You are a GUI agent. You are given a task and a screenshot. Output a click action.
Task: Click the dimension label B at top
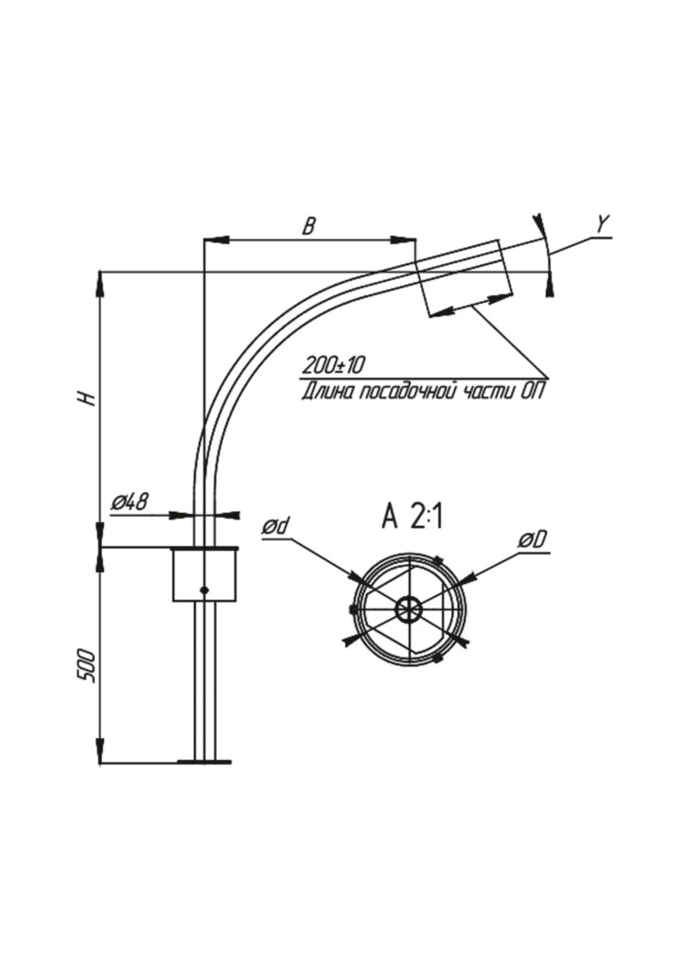pyautogui.click(x=308, y=226)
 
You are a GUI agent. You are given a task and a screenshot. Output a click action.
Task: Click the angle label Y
pyautogui.click(x=602, y=224)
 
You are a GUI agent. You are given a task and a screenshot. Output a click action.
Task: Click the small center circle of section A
pyautogui.click(x=409, y=608)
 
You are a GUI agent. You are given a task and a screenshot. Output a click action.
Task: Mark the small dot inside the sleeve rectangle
pyautogui.click(x=203, y=590)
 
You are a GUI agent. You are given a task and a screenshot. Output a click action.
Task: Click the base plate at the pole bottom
pyautogui.click(x=203, y=761)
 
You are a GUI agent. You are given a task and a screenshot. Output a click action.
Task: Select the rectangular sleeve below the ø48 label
pyautogui.click(x=203, y=574)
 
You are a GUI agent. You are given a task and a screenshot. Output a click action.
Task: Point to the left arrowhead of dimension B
pyautogui.click(x=211, y=239)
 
